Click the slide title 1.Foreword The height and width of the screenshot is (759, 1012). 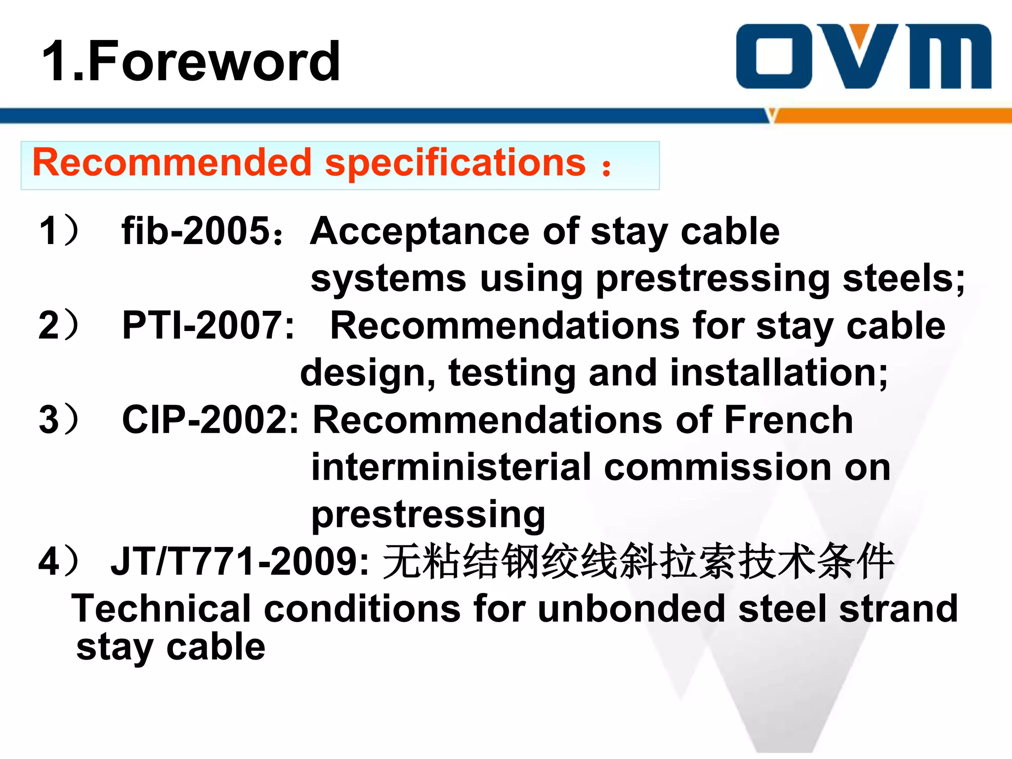click(191, 61)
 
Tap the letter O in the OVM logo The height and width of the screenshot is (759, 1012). click(774, 56)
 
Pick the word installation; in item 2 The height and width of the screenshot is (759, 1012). click(779, 373)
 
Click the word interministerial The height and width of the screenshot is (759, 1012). click(451, 467)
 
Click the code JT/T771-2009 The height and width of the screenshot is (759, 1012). click(239, 561)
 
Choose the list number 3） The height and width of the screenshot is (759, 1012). click(58, 420)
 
